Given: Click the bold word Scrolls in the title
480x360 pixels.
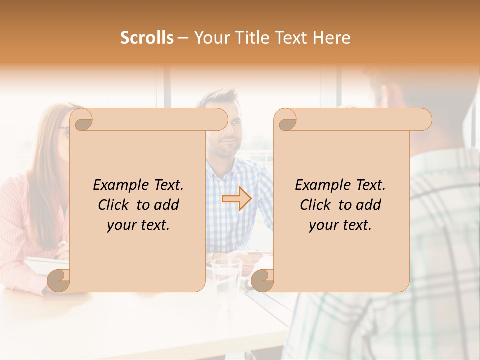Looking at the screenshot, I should [x=147, y=38].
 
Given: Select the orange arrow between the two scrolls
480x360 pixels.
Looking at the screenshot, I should [x=236, y=199].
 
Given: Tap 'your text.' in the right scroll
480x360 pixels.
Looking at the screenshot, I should [x=340, y=225].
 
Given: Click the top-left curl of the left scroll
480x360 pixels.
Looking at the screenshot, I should [x=83, y=120].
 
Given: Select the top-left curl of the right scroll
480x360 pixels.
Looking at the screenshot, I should [x=286, y=120].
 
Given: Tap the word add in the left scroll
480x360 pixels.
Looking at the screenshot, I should [x=167, y=205].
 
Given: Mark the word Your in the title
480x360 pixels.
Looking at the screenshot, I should [x=210, y=38].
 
